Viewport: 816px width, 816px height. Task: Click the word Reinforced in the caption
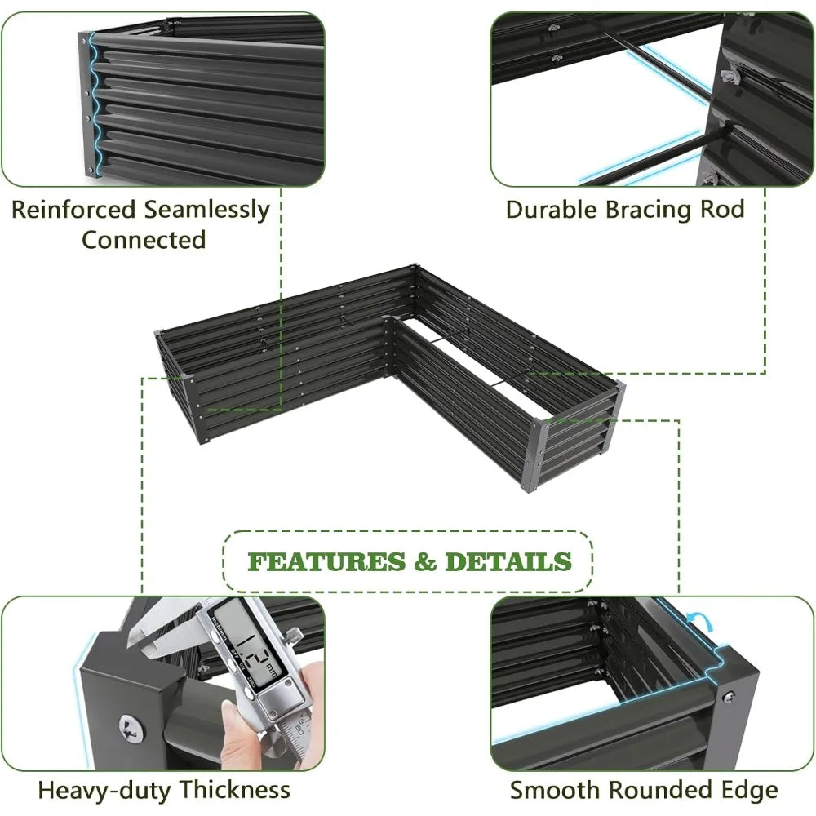73,210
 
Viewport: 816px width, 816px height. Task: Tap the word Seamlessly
206,211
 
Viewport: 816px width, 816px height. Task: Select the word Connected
144,240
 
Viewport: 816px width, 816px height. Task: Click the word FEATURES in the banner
326,562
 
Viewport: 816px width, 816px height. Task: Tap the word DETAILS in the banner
508,562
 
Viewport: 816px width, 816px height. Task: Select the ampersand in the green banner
425,562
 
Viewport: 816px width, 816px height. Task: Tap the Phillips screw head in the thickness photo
131,728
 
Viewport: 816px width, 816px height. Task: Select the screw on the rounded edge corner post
729,695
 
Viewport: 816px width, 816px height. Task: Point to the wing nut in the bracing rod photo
730,77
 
